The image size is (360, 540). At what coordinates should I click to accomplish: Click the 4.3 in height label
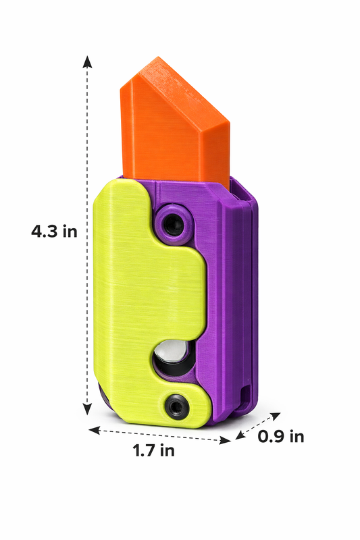pos(54,232)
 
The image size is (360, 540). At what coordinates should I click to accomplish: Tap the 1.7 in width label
pos(153,451)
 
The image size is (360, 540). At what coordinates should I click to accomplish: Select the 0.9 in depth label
pos(281,437)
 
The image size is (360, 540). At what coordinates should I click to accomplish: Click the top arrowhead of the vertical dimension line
pos(87,60)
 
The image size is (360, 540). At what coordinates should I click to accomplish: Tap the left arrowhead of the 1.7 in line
pos(93,428)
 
